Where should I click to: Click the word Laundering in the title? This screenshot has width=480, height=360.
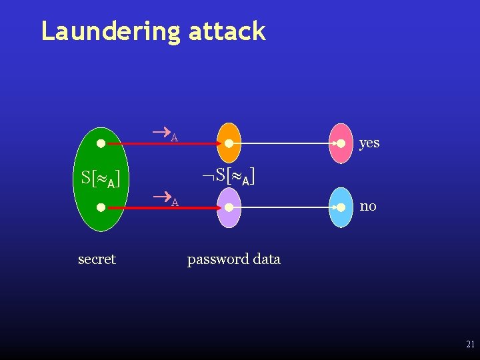tap(110, 31)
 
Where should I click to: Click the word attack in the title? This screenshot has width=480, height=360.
tap(227, 31)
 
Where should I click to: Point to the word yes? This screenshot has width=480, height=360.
tap(369, 143)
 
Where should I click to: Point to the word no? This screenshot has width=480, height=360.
tap(368, 206)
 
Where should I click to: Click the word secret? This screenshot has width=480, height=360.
tap(97, 259)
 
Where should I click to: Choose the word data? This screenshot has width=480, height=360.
tap(267, 259)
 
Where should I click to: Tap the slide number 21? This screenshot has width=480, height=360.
tap(470, 345)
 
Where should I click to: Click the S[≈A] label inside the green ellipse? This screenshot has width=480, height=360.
tap(100, 179)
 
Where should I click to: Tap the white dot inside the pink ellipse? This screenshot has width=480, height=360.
tap(340, 143)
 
